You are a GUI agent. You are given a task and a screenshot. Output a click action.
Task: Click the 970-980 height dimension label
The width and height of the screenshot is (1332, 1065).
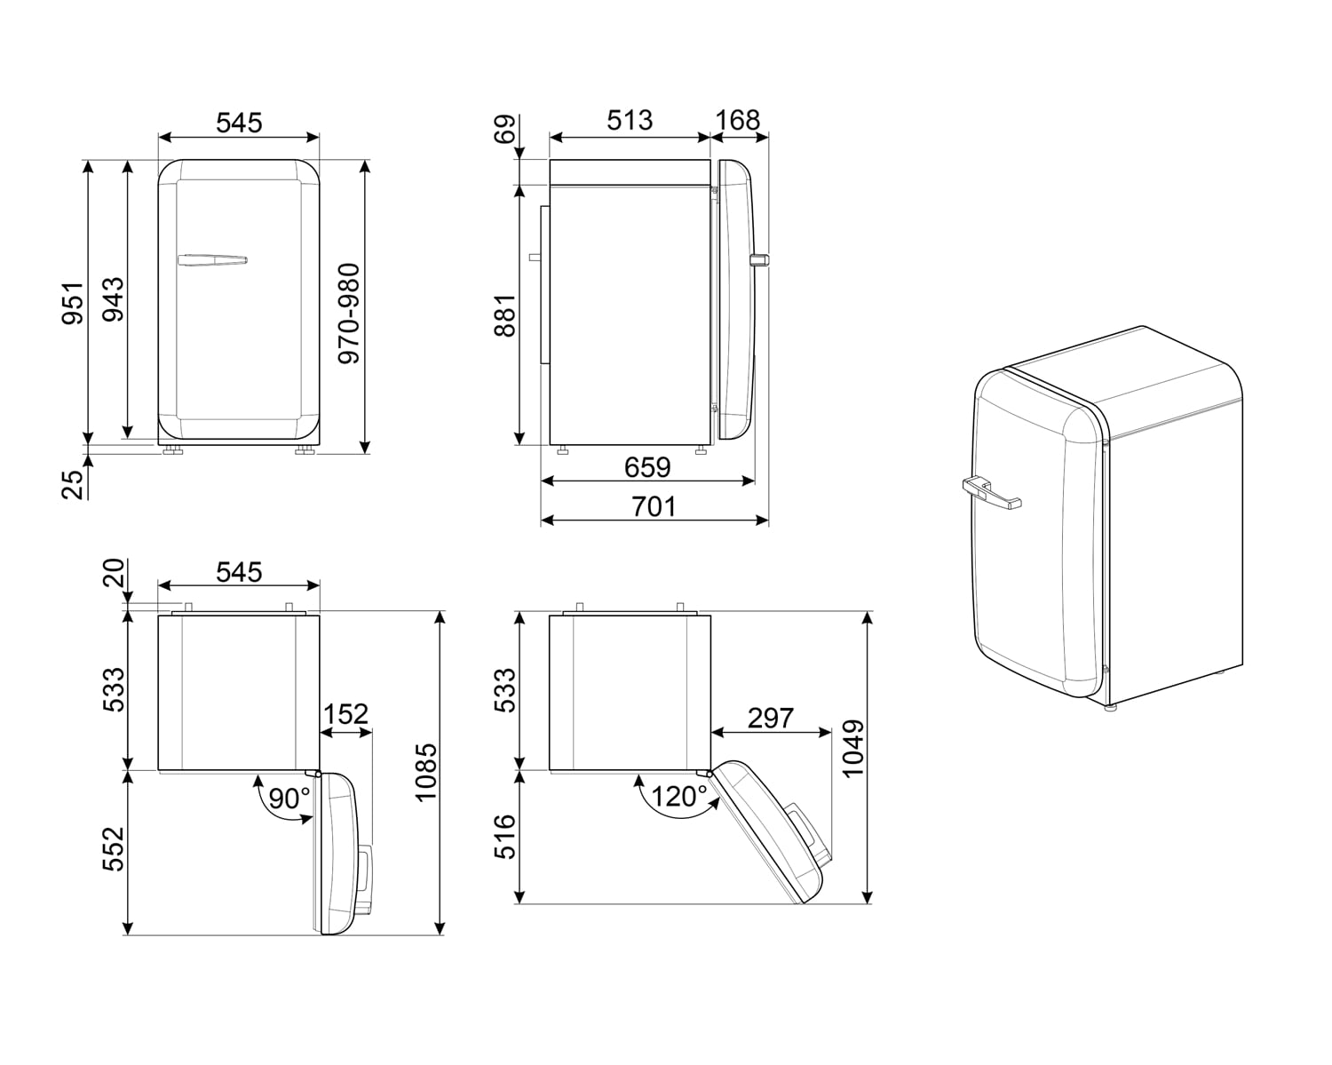tap(349, 313)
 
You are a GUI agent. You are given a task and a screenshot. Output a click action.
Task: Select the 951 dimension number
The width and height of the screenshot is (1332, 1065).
tap(73, 302)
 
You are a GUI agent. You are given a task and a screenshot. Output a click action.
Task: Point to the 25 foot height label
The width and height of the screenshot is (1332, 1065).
tap(73, 483)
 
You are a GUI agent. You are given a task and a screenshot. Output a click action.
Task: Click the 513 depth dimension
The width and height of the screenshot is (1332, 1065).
tap(630, 120)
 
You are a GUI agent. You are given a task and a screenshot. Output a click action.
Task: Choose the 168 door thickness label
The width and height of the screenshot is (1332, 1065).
tap(738, 120)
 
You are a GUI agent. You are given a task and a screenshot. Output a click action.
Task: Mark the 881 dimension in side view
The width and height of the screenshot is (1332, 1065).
tap(504, 315)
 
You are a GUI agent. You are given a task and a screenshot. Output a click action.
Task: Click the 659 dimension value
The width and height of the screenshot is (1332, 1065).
tap(647, 466)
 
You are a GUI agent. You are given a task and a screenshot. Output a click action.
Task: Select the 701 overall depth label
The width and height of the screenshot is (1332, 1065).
tap(654, 506)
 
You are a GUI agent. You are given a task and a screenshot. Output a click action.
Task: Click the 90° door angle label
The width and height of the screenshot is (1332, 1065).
tap(289, 799)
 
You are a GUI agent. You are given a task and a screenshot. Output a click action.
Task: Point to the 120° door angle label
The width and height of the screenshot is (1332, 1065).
tap(679, 797)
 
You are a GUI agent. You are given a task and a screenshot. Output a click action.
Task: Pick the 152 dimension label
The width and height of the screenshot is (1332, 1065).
tap(345, 714)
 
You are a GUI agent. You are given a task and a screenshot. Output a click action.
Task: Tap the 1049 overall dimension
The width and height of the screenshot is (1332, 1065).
tap(852, 748)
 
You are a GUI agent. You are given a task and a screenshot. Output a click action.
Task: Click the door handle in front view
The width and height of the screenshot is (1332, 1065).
tap(211, 260)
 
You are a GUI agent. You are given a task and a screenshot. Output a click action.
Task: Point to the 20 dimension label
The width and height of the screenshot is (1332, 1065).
tap(113, 573)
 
